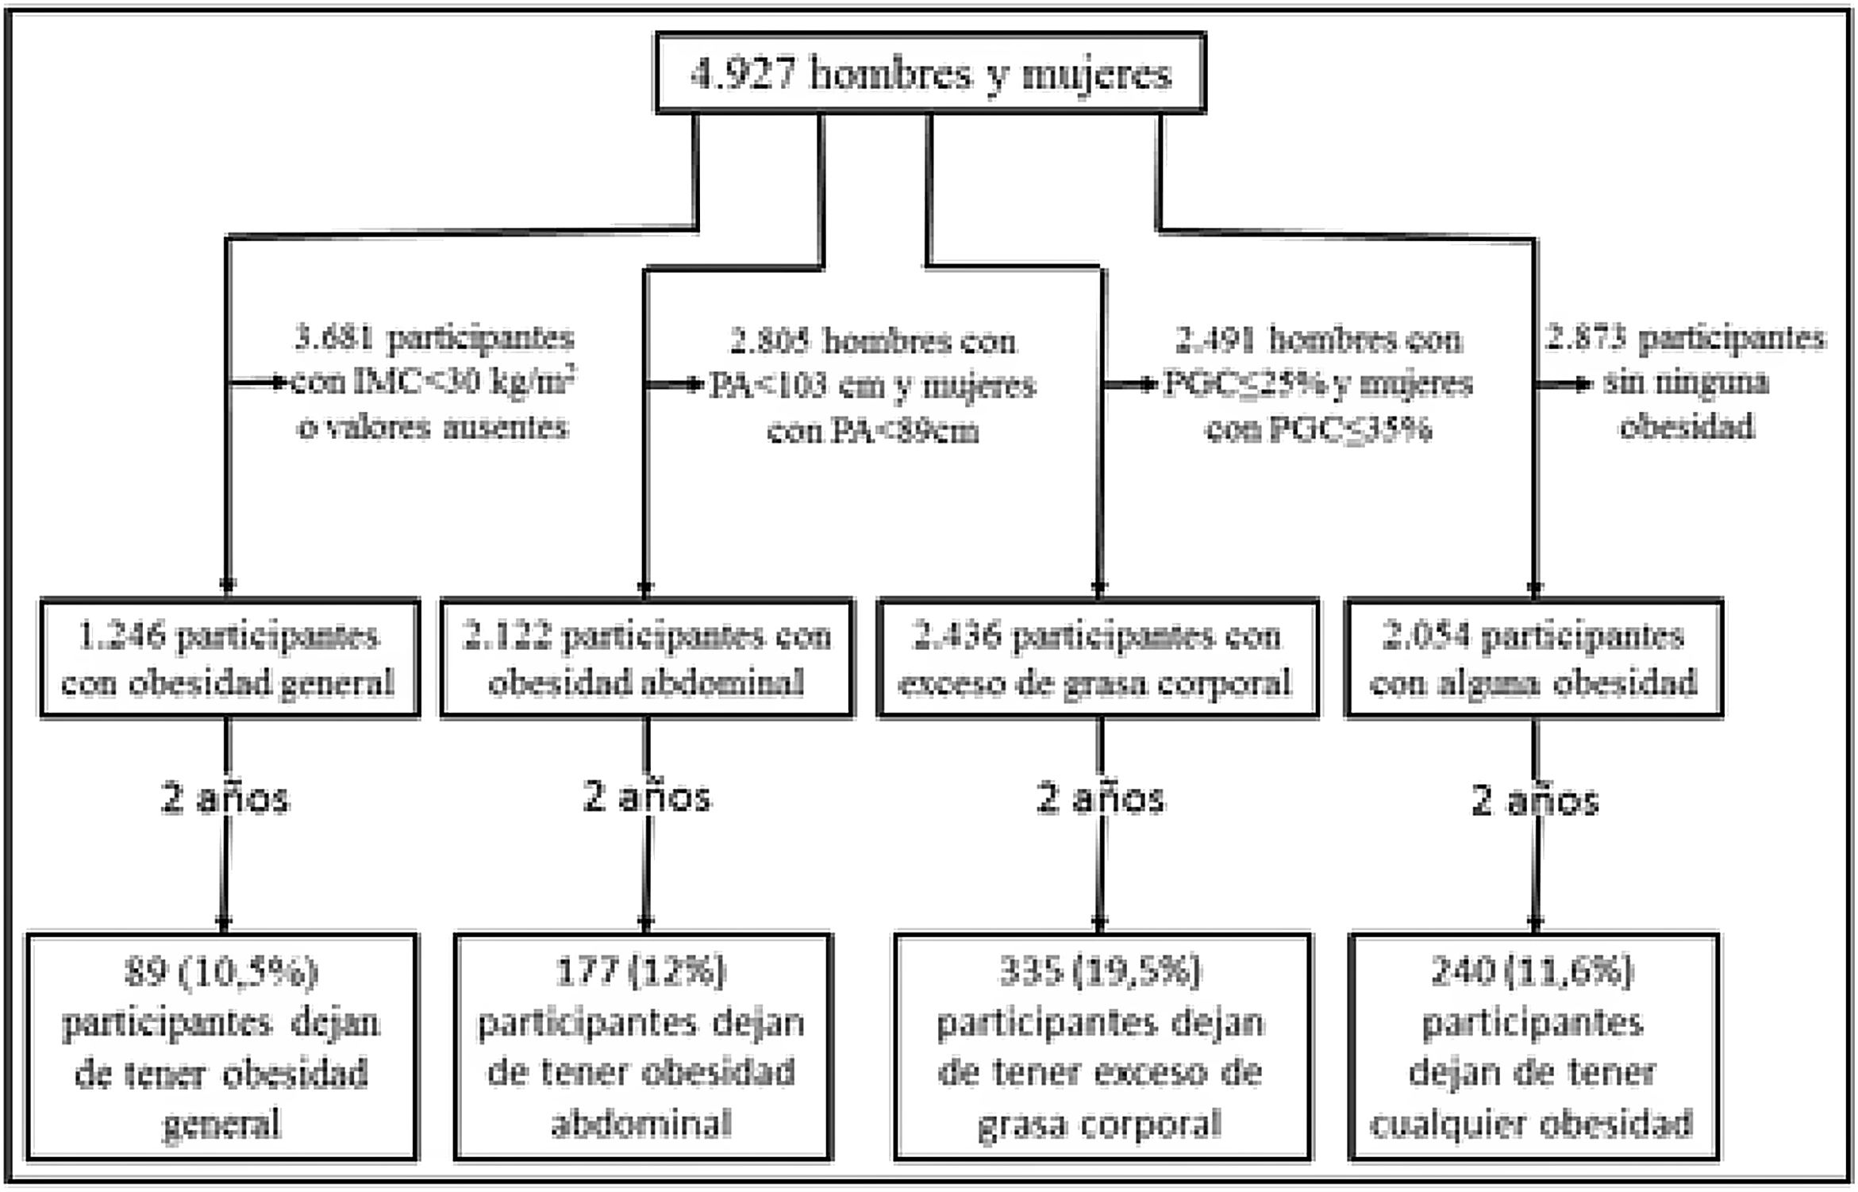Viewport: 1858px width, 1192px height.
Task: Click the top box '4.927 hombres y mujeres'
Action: [930, 74]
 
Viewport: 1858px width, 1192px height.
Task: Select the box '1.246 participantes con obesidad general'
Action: [229, 659]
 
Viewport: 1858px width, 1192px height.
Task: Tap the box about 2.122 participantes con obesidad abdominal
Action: [647, 659]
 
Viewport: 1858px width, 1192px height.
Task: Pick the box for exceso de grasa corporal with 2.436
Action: [1098, 659]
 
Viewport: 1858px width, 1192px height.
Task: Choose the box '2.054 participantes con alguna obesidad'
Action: [1533, 659]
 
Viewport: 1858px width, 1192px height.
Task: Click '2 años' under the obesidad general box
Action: [225, 798]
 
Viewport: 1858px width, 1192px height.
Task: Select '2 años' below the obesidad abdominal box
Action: [647, 797]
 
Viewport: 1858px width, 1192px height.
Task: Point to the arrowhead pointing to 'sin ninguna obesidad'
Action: [1583, 384]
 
